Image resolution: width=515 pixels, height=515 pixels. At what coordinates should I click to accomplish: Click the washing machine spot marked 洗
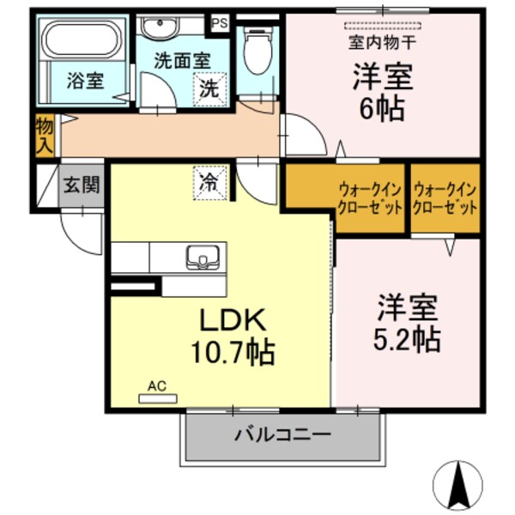click(x=209, y=88)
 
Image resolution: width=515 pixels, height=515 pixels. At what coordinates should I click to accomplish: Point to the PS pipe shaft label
click(x=220, y=22)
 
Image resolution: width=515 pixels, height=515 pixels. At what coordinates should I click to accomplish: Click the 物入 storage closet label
click(x=45, y=136)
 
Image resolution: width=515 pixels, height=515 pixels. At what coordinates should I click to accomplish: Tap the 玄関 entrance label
click(x=81, y=185)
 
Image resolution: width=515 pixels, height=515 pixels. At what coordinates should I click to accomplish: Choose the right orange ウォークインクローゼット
click(x=445, y=200)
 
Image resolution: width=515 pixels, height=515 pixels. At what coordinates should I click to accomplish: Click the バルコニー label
click(x=282, y=434)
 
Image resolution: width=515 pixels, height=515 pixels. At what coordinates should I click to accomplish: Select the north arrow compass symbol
click(x=463, y=486)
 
